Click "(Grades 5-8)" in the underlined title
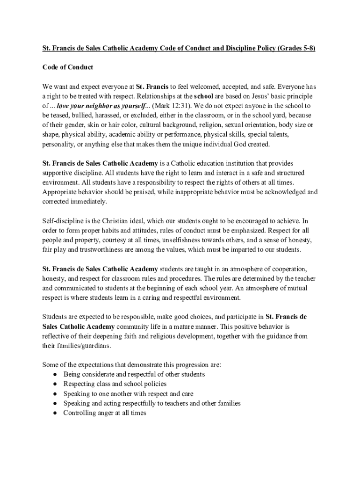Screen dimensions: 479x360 pos(295,48)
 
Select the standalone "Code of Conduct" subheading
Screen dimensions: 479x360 pos(68,67)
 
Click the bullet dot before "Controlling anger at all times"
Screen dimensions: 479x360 pos(55,413)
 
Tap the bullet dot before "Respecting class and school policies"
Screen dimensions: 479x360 pos(55,384)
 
